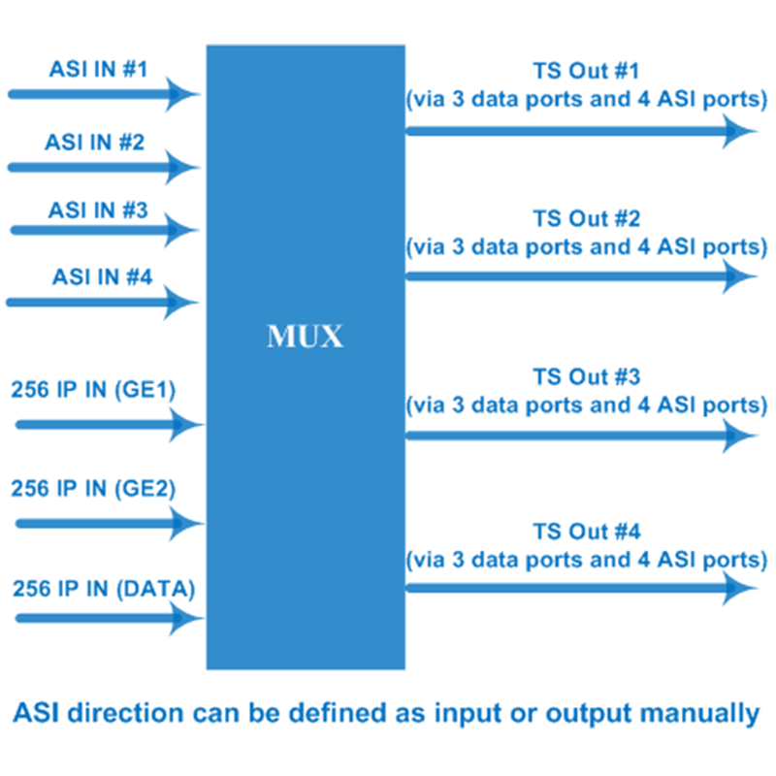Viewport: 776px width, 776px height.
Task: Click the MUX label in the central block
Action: point(305,337)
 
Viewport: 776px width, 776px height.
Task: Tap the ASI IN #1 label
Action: point(99,69)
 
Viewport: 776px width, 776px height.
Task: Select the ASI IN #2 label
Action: point(94,142)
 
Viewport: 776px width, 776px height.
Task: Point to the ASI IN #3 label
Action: point(98,210)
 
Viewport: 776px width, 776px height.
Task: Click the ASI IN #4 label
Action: point(103,276)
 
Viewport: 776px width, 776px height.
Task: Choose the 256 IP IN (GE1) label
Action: point(93,390)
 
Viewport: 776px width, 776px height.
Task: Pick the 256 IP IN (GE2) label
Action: point(93,489)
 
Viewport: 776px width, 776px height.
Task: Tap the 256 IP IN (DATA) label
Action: point(104,589)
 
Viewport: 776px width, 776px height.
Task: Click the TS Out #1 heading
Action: point(587,71)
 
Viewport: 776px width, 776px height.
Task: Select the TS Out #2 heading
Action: point(587,219)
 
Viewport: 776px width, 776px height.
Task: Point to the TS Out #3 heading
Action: point(587,377)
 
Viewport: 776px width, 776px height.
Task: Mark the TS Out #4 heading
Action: point(587,532)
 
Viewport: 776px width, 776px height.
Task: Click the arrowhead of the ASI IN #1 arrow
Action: point(181,94)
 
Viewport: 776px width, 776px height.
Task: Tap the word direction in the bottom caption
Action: point(126,713)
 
